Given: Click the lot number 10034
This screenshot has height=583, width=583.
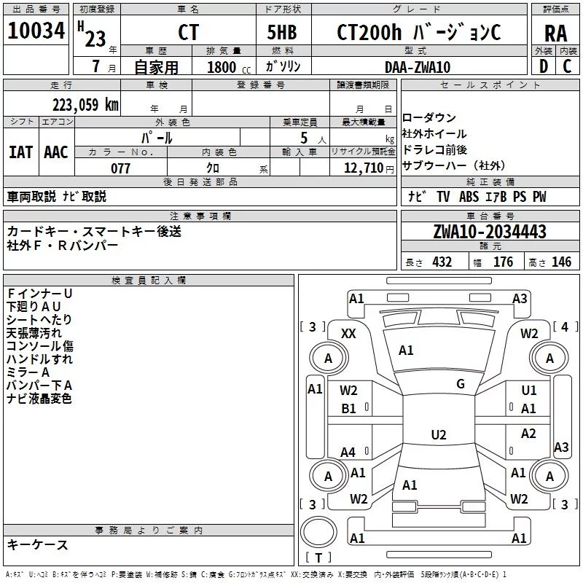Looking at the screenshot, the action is point(36,31).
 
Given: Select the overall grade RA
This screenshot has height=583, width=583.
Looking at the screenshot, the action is point(555,34).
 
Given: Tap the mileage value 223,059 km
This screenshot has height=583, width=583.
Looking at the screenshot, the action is point(85,105).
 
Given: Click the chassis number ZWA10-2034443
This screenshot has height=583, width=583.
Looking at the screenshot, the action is point(490,232).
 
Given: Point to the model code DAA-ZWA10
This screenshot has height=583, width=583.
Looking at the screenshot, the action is point(418,67).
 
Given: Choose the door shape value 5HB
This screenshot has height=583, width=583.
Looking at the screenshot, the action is point(282,32).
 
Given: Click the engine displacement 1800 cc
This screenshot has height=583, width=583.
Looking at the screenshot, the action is point(229,67).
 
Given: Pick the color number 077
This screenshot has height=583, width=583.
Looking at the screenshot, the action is point(120,168).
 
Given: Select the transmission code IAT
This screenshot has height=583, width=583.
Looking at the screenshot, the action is point(21,152).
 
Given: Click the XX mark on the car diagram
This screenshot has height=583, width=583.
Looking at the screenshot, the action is point(348,334).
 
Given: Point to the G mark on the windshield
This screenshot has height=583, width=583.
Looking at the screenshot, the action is point(461,384).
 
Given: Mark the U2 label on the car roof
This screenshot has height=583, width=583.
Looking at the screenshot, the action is point(439,434).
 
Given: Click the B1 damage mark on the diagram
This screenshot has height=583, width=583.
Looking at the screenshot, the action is point(348,409).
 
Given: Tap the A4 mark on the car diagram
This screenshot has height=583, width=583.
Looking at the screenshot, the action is point(348,453).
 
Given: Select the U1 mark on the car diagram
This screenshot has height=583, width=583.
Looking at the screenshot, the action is point(529,391).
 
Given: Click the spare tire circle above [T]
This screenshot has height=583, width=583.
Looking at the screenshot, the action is point(318,532).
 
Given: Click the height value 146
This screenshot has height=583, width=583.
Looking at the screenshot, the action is point(561,262).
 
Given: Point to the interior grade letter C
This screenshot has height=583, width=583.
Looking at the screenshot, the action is point(567,66).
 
